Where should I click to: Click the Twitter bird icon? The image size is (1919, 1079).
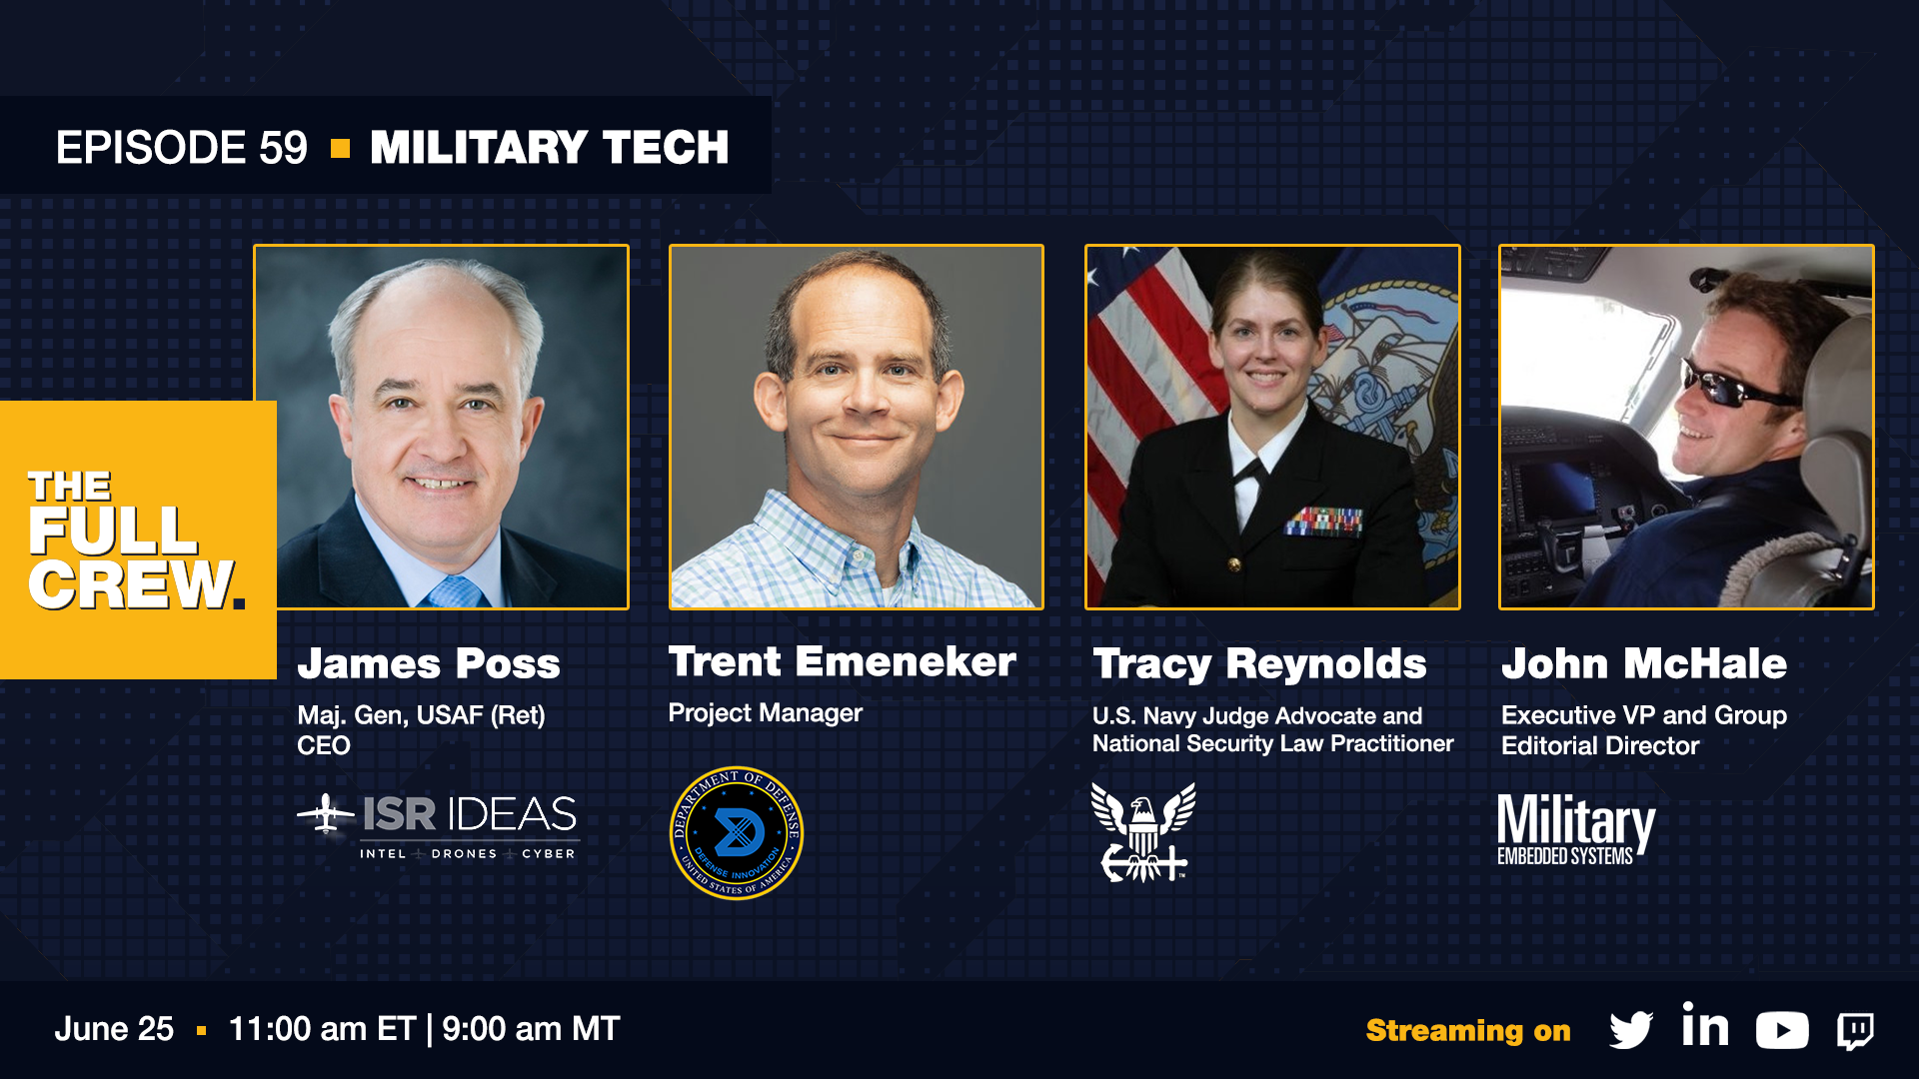click(x=1631, y=1030)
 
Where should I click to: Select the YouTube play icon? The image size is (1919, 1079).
click(x=1782, y=1030)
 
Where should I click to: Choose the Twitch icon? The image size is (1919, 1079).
click(x=1855, y=1031)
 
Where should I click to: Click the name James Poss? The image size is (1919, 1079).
click(x=429, y=663)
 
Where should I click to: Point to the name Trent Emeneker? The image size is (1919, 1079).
click(x=843, y=661)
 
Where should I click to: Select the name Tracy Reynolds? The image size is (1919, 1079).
click(x=1259, y=664)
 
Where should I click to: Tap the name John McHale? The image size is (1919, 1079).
click(x=1644, y=663)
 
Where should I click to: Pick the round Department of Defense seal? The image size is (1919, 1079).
click(x=737, y=833)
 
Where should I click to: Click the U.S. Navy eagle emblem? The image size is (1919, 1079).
click(x=1141, y=831)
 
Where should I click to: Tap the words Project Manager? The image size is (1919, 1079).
click(x=765, y=713)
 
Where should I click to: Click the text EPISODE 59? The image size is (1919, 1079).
click(x=182, y=148)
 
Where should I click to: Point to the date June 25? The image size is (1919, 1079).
click(x=114, y=1029)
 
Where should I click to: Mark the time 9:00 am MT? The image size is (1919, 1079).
click(x=531, y=1029)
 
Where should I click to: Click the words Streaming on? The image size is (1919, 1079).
click(x=1468, y=1030)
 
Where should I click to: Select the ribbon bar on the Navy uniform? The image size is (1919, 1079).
click(x=1325, y=521)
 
